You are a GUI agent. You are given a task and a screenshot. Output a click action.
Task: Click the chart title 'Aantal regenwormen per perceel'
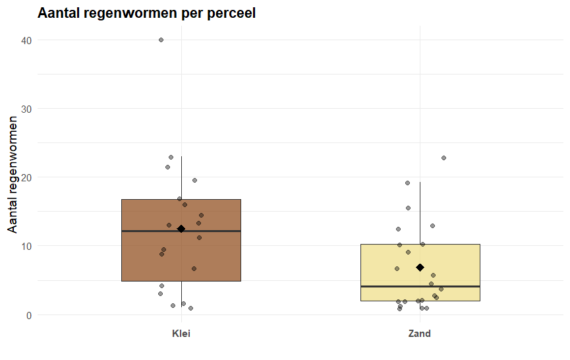pos(146,13)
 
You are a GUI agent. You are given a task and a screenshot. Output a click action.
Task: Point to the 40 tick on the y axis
pos(27,40)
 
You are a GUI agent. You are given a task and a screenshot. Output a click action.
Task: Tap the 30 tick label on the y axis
pos(27,109)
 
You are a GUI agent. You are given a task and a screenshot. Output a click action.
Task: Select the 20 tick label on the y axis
pos(27,177)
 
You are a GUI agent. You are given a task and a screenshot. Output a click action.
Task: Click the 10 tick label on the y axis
pos(27,246)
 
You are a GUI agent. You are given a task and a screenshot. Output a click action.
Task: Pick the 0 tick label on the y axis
pos(30,315)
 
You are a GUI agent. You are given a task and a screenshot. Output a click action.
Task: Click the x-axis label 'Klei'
pos(181,334)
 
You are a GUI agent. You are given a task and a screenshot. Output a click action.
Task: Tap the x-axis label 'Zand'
pos(420,334)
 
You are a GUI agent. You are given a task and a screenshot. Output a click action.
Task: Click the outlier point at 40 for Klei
pos(161,40)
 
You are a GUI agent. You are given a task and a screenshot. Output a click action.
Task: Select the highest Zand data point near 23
pos(443,158)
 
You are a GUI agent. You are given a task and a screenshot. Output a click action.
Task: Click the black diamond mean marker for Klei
pos(181,229)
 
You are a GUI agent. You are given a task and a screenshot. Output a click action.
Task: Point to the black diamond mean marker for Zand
pos(420,268)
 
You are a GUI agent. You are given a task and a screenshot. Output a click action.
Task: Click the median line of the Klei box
pos(145,231)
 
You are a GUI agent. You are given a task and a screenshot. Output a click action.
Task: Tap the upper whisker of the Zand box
pos(420,211)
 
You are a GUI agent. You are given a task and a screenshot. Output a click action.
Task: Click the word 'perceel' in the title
pos(231,13)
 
